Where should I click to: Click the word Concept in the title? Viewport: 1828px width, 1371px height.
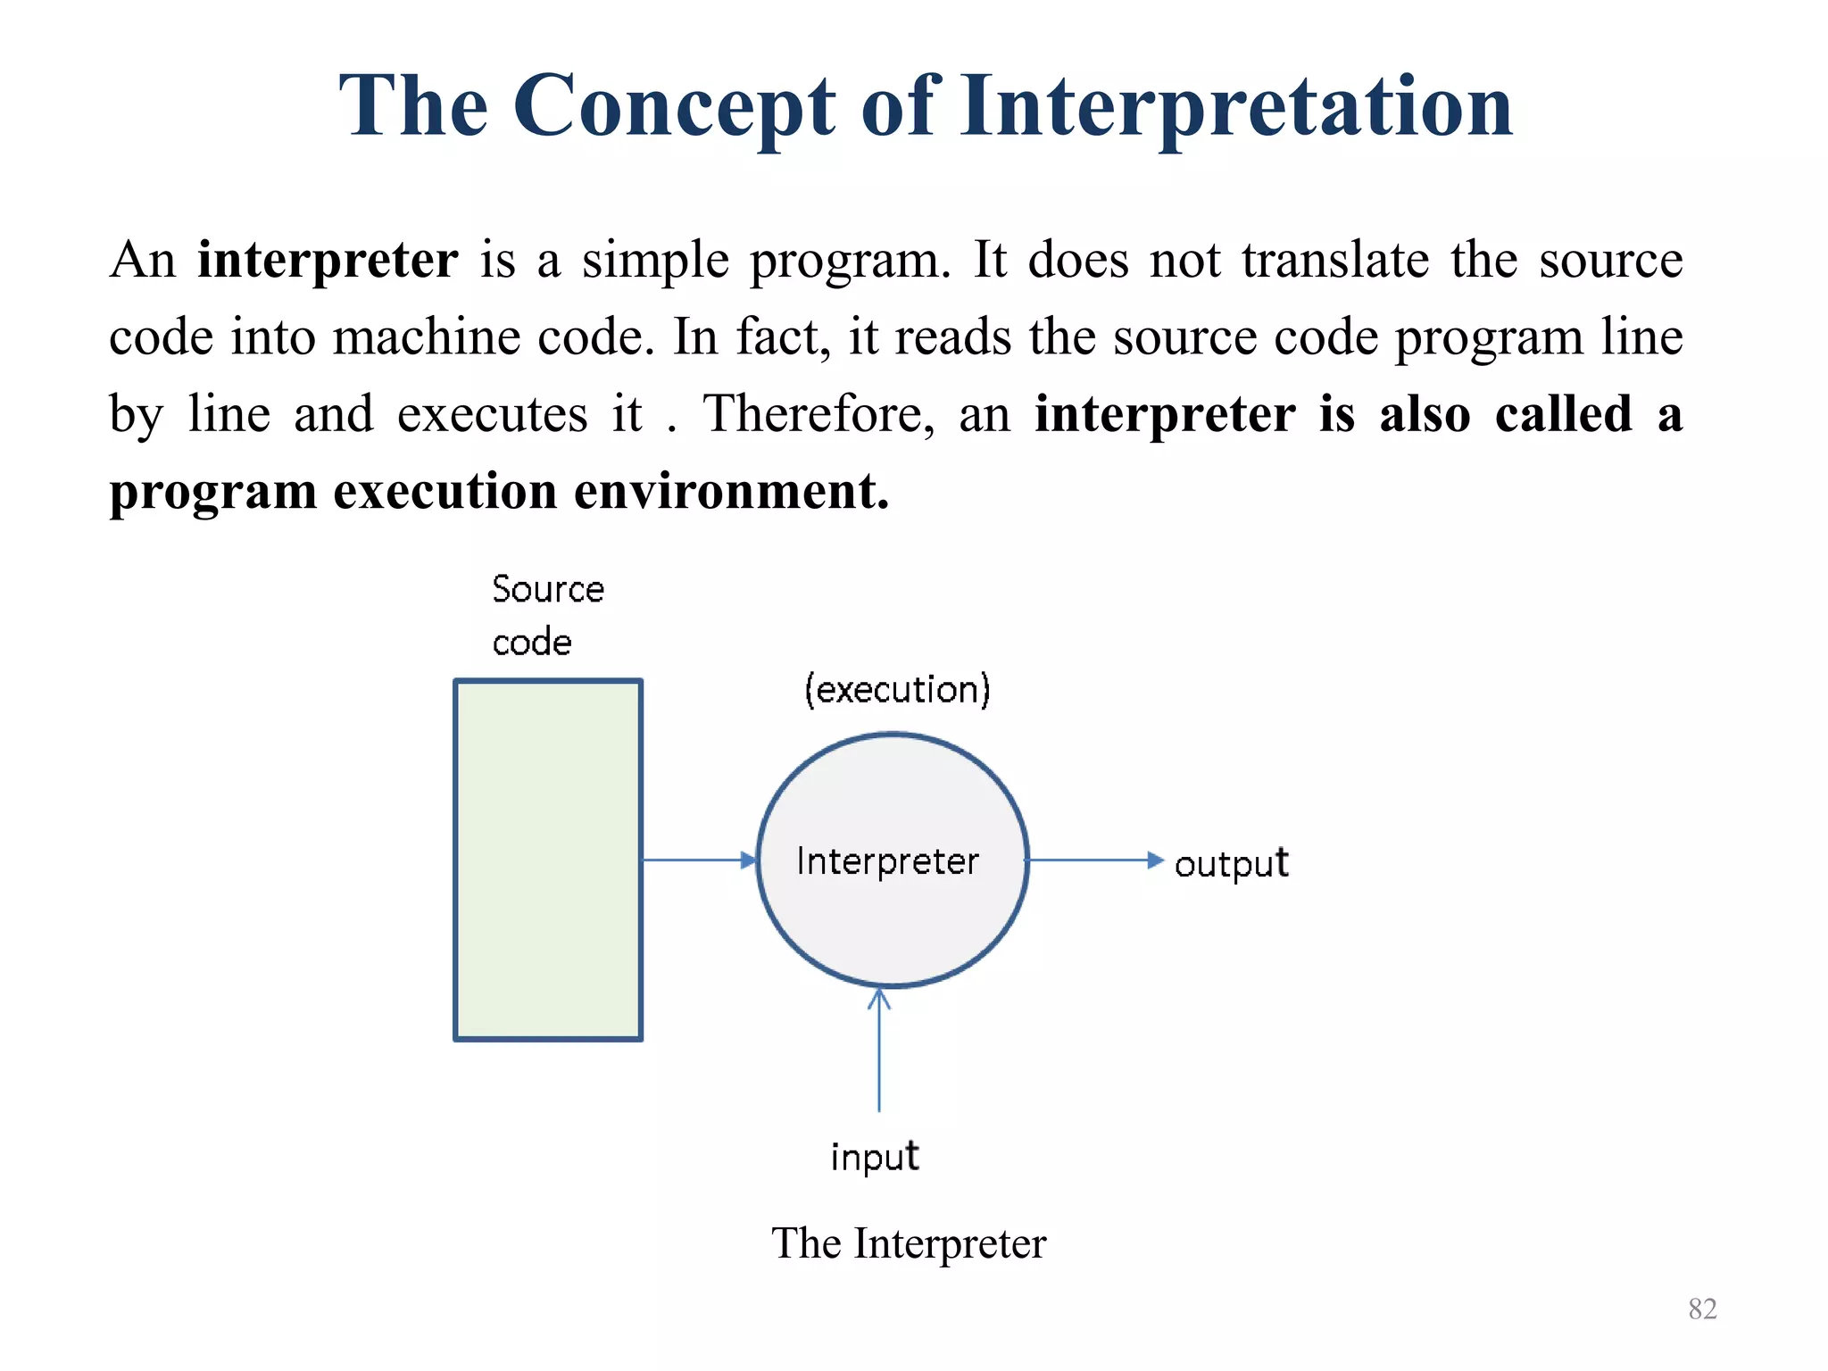674,107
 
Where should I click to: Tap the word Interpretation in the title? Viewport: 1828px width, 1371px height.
1236,107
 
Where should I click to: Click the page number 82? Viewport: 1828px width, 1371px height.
1702,1309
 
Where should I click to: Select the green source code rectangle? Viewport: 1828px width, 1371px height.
548,860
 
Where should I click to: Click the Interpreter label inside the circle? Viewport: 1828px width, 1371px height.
887,861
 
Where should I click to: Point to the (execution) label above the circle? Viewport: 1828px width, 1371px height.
897,690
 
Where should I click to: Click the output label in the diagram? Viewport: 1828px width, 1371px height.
1231,863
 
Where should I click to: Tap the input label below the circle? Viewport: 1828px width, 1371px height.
874,1157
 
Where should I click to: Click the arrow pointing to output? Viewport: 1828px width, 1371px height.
1093,860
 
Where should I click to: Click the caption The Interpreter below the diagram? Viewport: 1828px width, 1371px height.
908,1243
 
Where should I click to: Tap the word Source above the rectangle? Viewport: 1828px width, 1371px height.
548,589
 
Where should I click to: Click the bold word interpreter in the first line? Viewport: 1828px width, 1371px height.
328,261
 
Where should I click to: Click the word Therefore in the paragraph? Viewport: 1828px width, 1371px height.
818,414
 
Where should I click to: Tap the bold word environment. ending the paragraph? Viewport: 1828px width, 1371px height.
731,491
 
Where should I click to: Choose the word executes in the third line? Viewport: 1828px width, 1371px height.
492,414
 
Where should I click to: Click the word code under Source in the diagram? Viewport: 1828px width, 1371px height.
532,643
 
